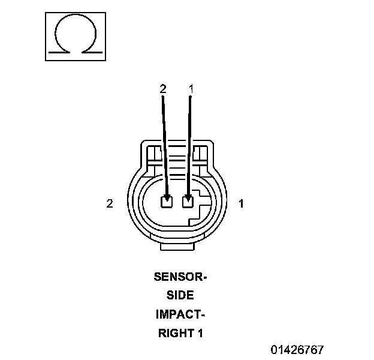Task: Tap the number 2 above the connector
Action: click(x=162, y=89)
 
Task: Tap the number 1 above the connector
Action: click(x=191, y=89)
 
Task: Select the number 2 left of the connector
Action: click(x=110, y=203)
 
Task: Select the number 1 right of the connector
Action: click(x=242, y=203)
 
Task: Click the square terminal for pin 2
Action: click(x=167, y=202)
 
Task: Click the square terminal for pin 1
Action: click(x=188, y=202)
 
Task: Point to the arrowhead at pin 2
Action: click(x=167, y=196)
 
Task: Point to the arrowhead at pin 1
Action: click(x=189, y=196)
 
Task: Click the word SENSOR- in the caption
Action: click(x=180, y=277)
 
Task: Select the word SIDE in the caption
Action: click(x=180, y=295)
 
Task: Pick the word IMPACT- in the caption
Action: click(x=180, y=314)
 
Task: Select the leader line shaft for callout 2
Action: click(x=164, y=144)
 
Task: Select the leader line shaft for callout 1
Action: click(x=190, y=144)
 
